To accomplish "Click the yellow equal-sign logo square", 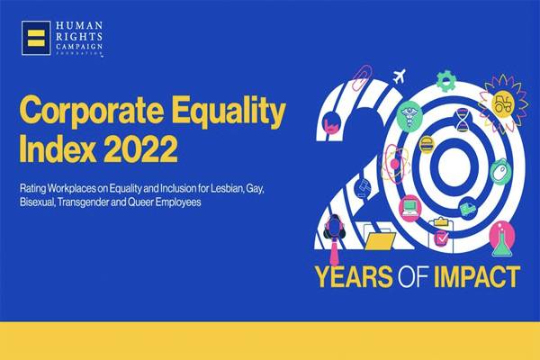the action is [x=36, y=38].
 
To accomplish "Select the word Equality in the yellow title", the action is [x=229, y=110].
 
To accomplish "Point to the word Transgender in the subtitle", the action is [x=84, y=202].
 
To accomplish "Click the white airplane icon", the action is [x=400, y=76].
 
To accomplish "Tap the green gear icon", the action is [x=445, y=81].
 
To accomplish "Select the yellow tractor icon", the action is [x=503, y=103].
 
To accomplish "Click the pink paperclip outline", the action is [x=361, y=76].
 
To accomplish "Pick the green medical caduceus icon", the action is [x=409, y=116].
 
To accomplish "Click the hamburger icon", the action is [x=427, y=144].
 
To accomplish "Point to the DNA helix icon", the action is [x=463, y=121].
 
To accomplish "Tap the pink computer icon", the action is [x=410, y=208].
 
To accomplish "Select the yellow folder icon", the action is [x=380, y=240].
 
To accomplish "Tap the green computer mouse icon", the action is [x=499, y=172].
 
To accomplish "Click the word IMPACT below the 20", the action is [x=477, y=276].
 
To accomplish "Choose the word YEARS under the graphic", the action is [x=355, y=276].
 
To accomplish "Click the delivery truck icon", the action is [x=468, y=210].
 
